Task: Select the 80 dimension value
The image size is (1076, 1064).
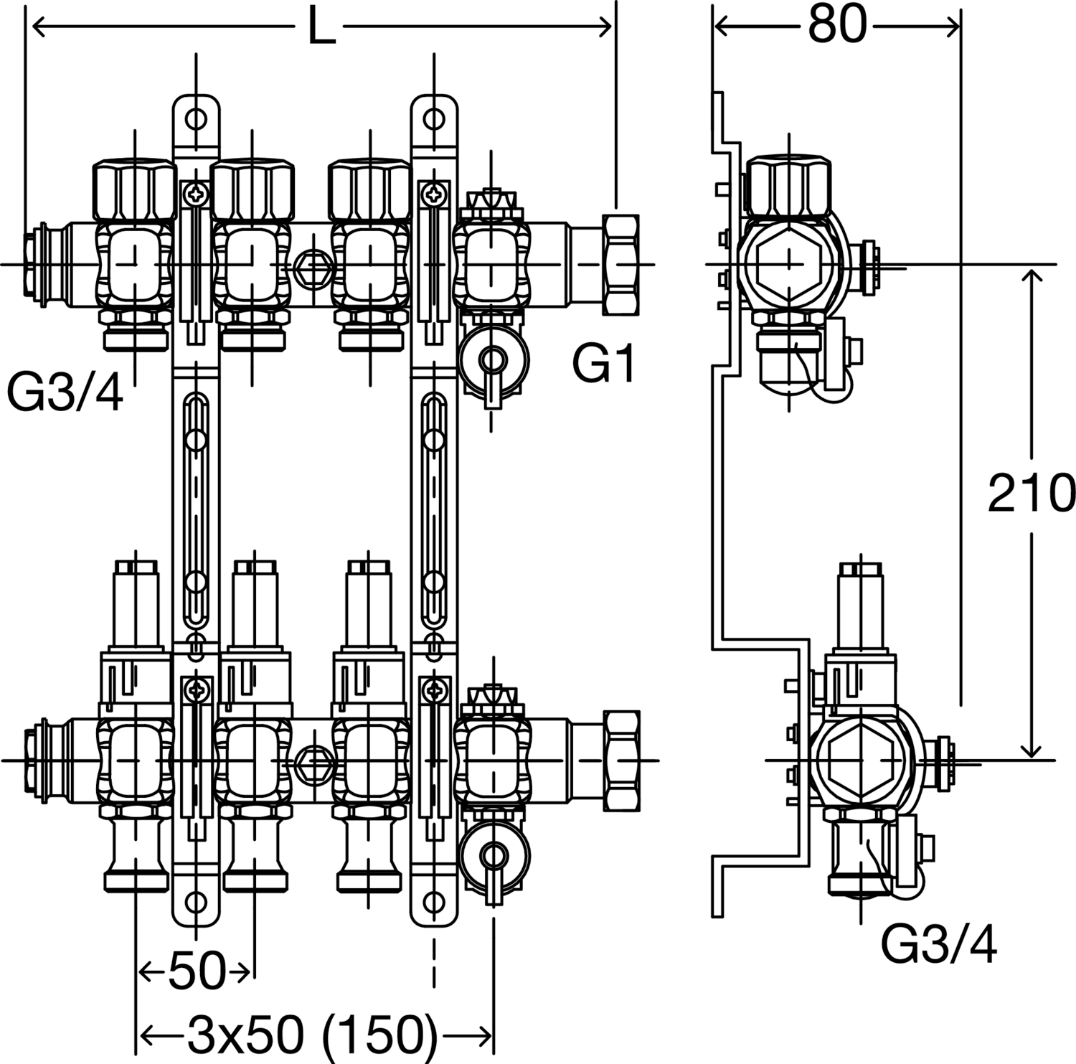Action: point(837,27)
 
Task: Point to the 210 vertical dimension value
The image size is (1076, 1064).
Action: point(1031,494)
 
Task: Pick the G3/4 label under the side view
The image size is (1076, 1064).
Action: point(938,946)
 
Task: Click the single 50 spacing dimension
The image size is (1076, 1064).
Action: point(196,973)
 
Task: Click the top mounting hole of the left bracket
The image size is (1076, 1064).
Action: point(195,118)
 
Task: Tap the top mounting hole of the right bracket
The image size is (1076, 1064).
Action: point(434,118)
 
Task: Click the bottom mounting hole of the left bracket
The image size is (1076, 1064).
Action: point(195,902)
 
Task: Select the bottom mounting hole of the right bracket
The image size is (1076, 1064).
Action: point(434,902)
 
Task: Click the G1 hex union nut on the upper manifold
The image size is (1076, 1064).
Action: point(620,264)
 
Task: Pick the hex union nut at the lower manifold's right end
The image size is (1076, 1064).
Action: point(620,760)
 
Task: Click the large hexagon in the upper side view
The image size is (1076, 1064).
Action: point(789,263)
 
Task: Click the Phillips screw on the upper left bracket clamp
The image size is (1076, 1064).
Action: point(195,192)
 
